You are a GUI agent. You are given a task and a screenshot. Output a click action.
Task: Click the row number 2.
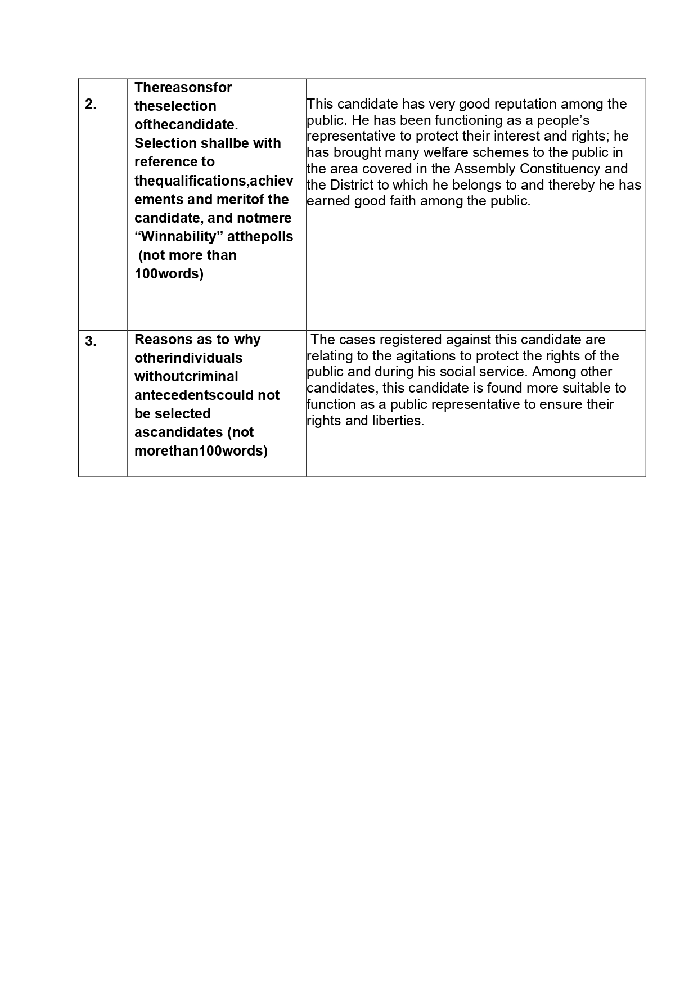click(x=91, y=104)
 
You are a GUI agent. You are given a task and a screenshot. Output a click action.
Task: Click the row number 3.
click(x=91, y=341)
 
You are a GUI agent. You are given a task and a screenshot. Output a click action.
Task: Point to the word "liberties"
click(x=398, y=421)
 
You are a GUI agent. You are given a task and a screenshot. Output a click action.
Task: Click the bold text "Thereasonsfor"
click(x=183, y=88)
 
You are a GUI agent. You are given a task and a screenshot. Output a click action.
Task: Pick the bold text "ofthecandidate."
click(x=186, y=125)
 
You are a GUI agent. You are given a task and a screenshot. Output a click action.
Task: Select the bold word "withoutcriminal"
click(x=186, y=377)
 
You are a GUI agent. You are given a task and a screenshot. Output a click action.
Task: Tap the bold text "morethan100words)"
click(x=201, y=451)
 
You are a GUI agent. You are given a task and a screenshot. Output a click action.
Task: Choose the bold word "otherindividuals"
click(x=188, y=358)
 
